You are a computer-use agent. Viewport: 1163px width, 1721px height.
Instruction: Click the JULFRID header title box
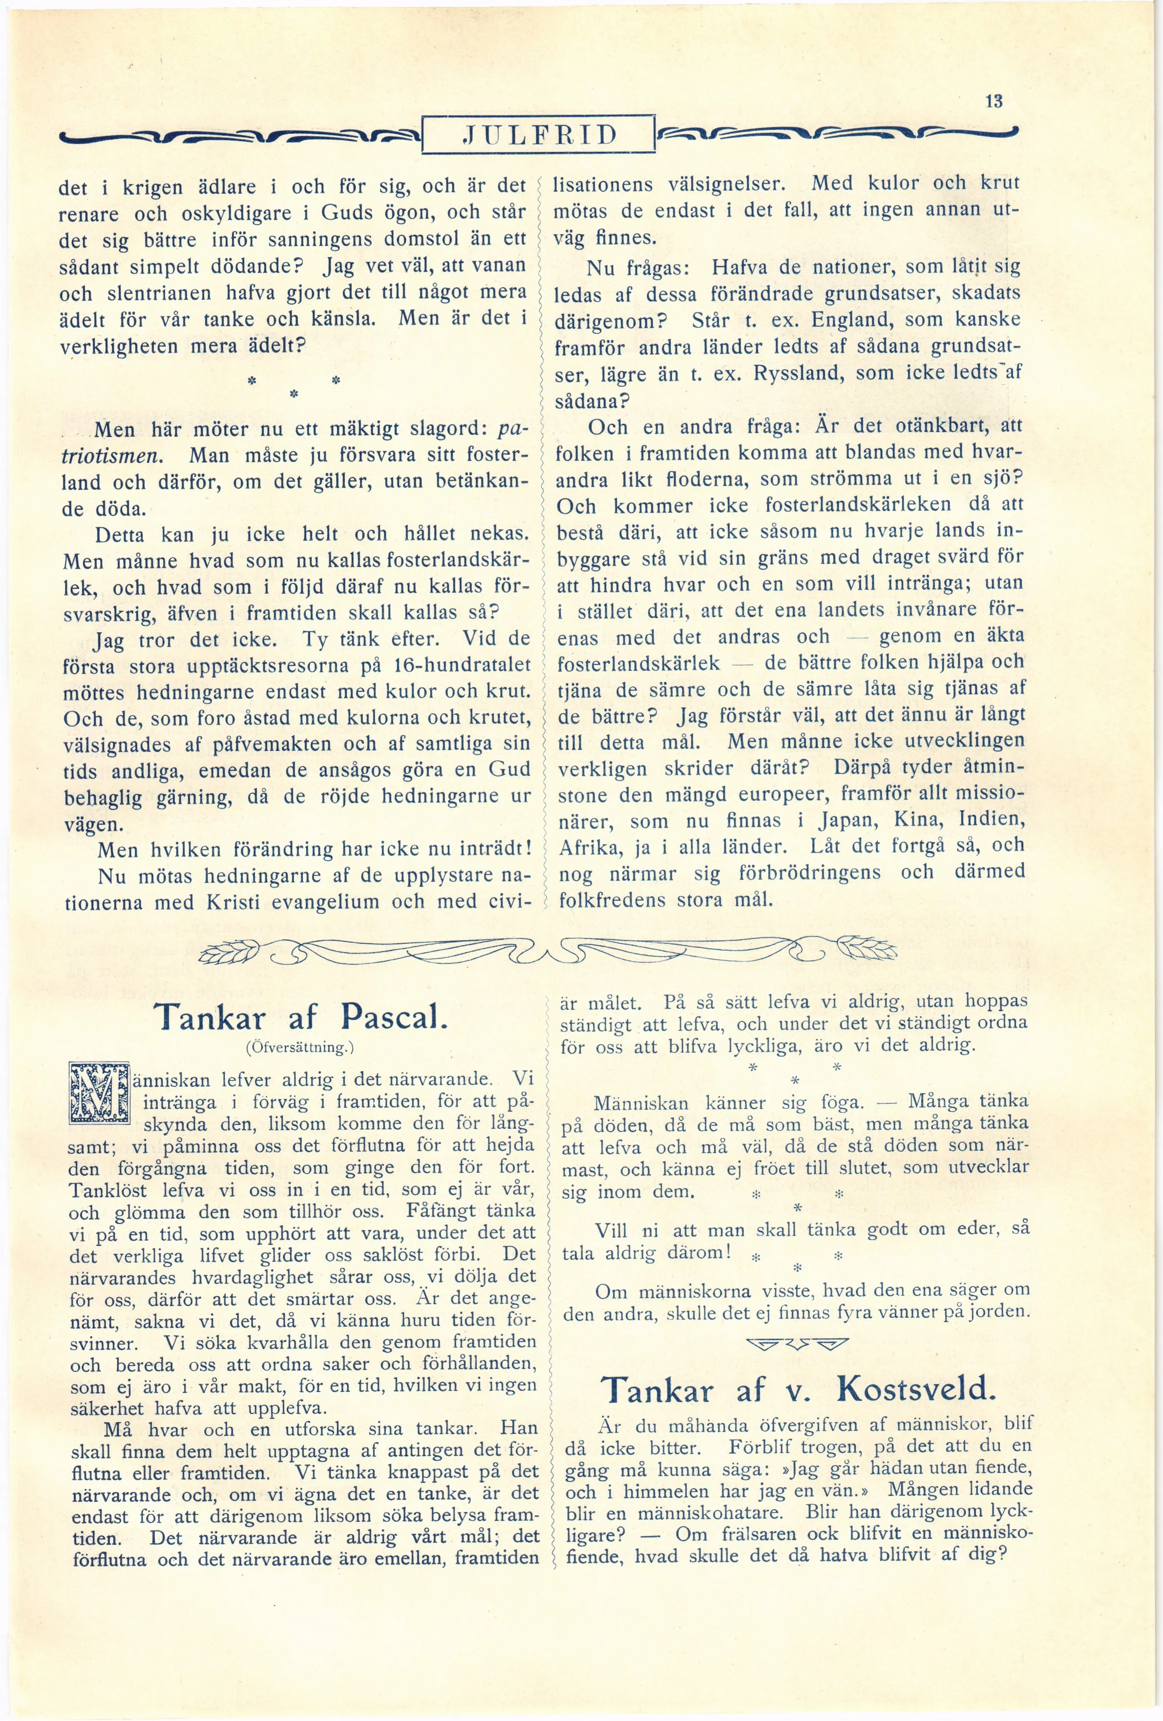coord(539,134)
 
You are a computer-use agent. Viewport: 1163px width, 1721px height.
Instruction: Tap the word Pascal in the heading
coord(393,1019)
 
